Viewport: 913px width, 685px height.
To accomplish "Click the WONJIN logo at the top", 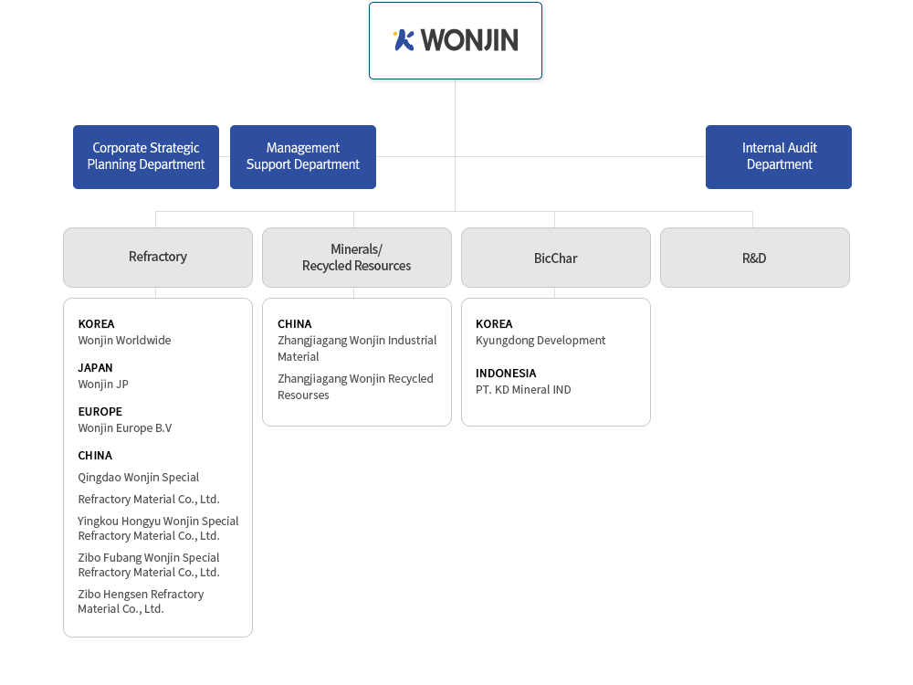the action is [x=456, y=40].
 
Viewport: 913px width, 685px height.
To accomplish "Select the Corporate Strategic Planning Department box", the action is [x=146, y=157].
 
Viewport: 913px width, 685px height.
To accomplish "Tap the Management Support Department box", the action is [x=303, y=157].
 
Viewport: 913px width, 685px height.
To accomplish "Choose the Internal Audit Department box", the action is [x=779, y=157].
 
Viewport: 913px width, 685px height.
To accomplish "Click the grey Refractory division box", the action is [x=158, y=258].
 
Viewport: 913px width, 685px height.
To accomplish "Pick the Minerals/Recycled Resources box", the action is [x=357, y=258].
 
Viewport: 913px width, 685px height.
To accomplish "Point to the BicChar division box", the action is [x=556, y=258].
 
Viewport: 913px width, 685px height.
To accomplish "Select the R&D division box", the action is [x=755, y=258].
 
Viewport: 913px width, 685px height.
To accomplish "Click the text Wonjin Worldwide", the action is [x=124, y=340].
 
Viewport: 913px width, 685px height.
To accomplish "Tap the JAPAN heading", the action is [x=96, y=367].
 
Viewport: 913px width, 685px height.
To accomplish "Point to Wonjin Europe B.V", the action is [x=125, y=428].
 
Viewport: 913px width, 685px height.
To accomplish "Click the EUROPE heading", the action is [x=100, y=411].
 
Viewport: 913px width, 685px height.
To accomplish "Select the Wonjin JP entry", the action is [x=103, y=385].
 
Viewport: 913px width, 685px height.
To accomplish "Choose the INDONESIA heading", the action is [x=506, y=373].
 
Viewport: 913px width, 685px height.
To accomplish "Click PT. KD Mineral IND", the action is [x=523, y=390].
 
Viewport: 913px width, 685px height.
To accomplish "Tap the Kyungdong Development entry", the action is [x=540, y=340].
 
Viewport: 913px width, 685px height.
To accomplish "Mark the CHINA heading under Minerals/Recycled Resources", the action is [x=295, y=324].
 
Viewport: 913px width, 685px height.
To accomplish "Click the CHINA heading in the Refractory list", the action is [x=96, y=456].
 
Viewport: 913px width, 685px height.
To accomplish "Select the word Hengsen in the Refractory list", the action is [x=126, y=595].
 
